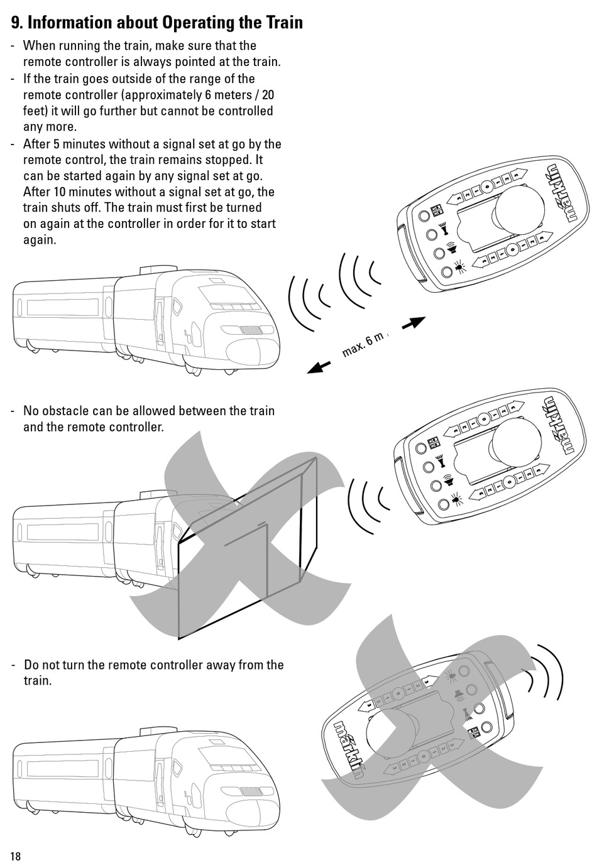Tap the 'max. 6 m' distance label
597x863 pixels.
[363, 344]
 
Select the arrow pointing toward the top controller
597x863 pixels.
[413, 324]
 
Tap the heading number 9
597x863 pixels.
[16, 23]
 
